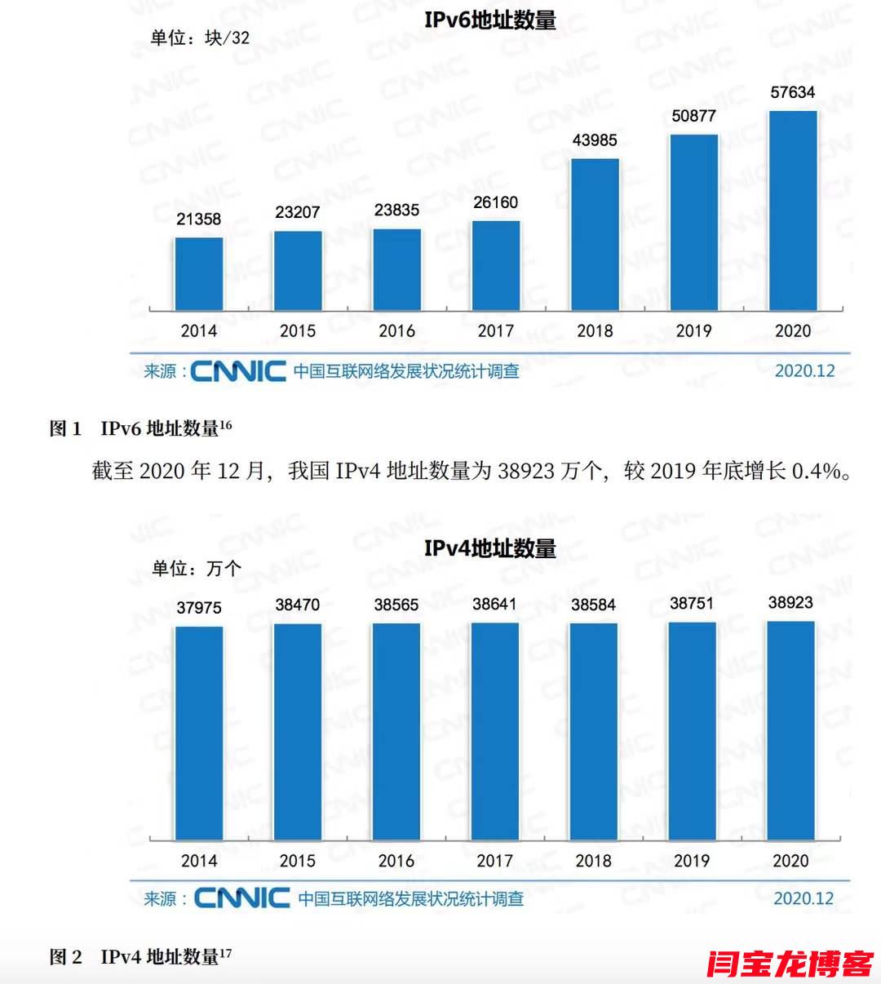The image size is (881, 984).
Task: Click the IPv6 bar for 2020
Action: pos(793,211)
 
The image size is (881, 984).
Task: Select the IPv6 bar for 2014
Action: pos(199,273)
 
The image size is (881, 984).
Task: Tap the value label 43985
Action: pos(595,140)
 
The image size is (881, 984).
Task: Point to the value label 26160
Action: pos(495,202)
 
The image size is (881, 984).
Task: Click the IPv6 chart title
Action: pos(489,20)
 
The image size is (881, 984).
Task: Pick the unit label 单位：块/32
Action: pos(201,38)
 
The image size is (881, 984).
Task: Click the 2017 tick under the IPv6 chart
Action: pos(495,330)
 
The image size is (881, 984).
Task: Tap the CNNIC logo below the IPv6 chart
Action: pos(238,371)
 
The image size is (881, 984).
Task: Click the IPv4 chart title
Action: pos(489,548)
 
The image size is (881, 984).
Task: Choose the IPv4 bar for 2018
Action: pos(594,732)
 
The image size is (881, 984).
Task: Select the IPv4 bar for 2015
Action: pos(298,732)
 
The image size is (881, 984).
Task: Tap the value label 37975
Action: pos(199,608)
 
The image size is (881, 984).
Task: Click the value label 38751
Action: pos(692,604)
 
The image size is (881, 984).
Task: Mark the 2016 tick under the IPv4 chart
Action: pos(396,861)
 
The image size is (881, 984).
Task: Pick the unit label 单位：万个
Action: pos(197,569)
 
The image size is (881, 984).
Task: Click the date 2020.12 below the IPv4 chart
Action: pos(804,898)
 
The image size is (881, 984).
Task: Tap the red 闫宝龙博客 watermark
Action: pos(790,964)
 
